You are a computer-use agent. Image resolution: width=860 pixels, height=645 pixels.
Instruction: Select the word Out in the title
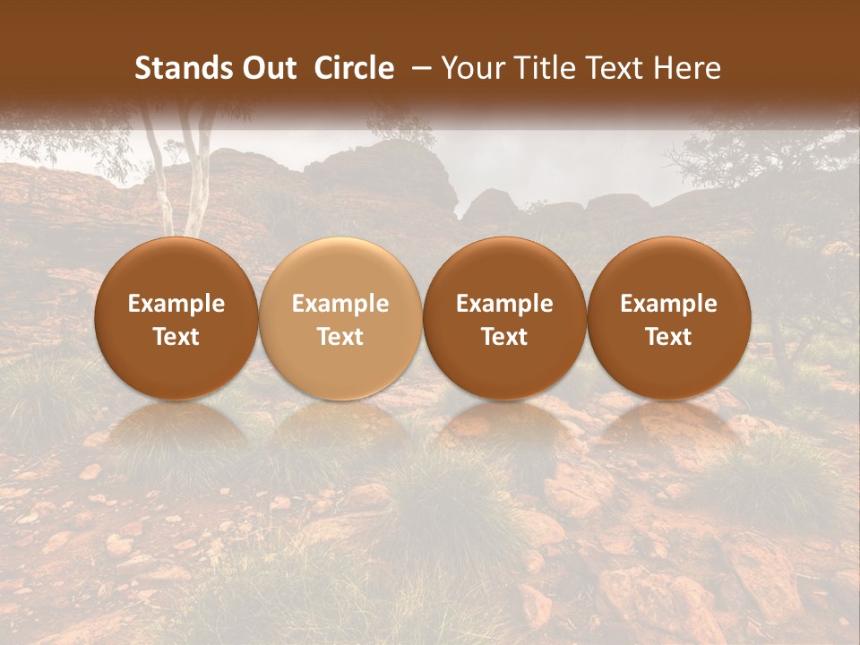click(x=270, y=68)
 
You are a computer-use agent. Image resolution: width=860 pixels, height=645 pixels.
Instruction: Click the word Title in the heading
click(x=540, y=68)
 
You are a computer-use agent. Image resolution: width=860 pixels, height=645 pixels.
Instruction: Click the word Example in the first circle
click(x=176, y=304)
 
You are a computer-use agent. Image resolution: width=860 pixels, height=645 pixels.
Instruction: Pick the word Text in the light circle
click(x=340, y=337)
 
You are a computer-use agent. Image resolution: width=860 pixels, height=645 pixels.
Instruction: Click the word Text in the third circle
click(x=504, y=337)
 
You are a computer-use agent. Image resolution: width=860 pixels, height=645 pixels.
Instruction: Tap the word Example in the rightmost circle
click(x=669, y=304)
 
